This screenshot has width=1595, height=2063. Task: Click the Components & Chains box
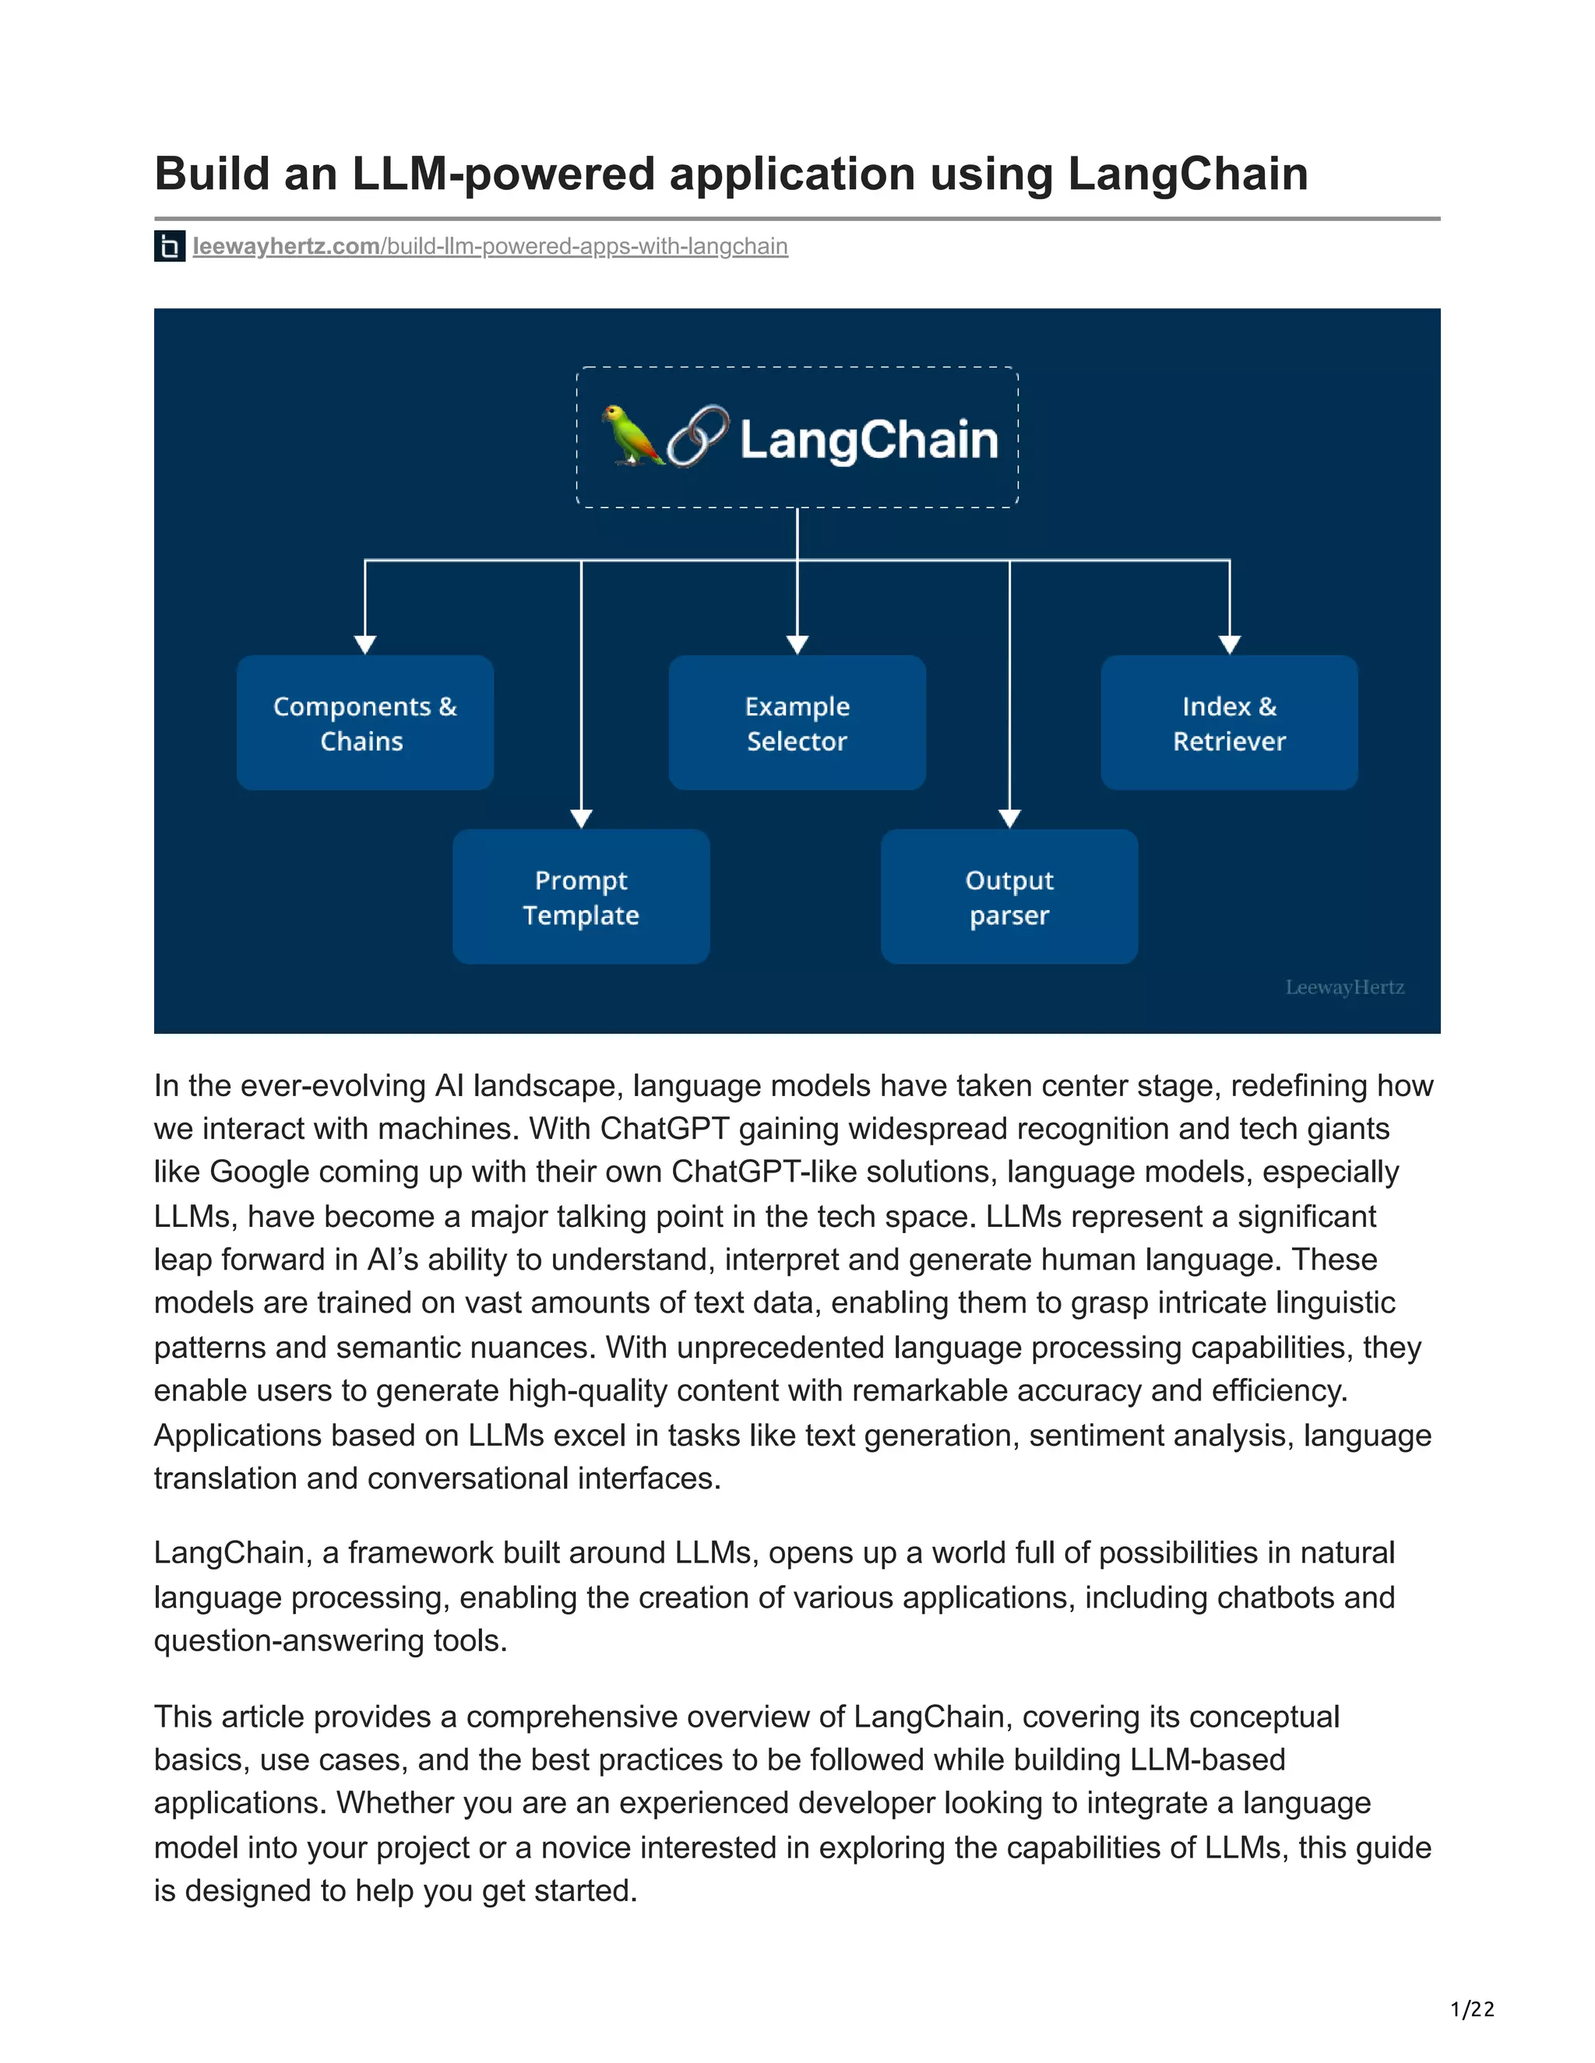click(x=364, y=722)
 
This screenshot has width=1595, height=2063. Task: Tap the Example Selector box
click(x=797, y=722)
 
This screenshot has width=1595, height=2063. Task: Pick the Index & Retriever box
click(x=1228, y=722)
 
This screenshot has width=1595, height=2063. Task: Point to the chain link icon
click(x=699, y=437)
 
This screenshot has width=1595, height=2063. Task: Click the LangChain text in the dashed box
click(x=868, y=440)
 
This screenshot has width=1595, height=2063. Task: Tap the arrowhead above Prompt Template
click(x=581, y=818)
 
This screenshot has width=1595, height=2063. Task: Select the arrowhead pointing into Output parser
click(x=1009, y=818)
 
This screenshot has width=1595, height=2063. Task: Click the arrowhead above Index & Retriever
click(x=1229, y=645)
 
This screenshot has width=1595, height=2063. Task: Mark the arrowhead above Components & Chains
click(x=364, y=645)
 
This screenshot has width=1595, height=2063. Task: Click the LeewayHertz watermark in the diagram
click(x=1343, y=987)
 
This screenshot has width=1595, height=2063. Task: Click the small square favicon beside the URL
click(x=169, y=247)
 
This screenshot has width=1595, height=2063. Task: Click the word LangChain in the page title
click(x=1187, y=174)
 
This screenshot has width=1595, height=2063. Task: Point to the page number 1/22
click(x=1472, y=2009)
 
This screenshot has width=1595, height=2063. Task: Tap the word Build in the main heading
click(x=212, y=174)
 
